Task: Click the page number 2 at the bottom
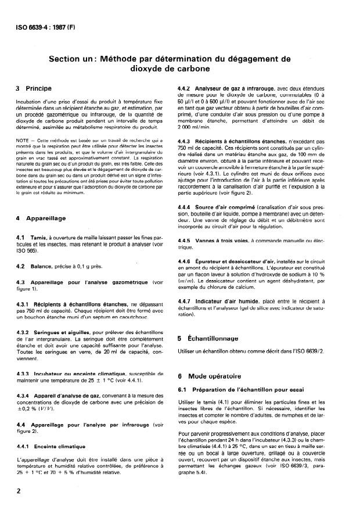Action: (20, 490)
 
